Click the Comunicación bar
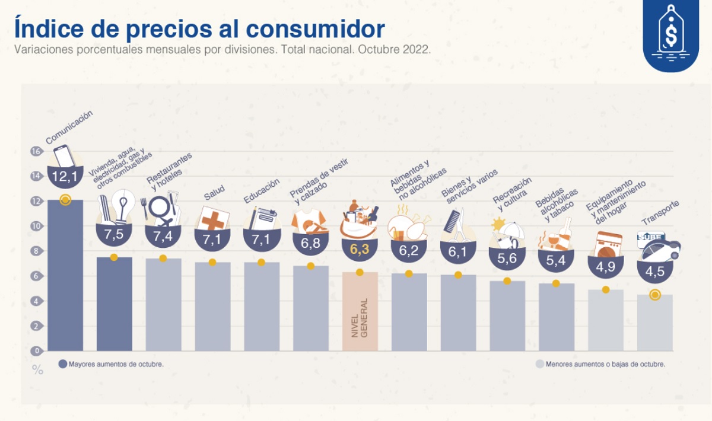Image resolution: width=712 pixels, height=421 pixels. point(65,276)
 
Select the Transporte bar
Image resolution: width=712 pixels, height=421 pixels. point(654,323)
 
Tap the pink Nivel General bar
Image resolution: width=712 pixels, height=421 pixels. point(360,312)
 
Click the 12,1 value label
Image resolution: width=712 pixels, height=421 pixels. point(65,176)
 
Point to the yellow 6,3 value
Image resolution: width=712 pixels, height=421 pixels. point(360,250)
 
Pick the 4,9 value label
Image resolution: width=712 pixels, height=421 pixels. point(605,267)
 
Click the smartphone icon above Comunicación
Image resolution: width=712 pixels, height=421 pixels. point(64,155)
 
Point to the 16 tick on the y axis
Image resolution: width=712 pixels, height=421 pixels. point(36,151)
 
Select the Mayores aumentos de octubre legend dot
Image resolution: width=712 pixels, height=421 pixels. point(62,364)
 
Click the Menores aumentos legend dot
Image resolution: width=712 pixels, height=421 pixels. point(539,364)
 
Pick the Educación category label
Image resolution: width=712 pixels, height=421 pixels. point(262,191)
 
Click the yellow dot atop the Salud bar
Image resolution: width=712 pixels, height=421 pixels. point(212,262)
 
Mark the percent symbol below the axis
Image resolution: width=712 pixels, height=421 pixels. point(37,371)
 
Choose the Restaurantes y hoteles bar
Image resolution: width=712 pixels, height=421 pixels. point(163,305)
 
